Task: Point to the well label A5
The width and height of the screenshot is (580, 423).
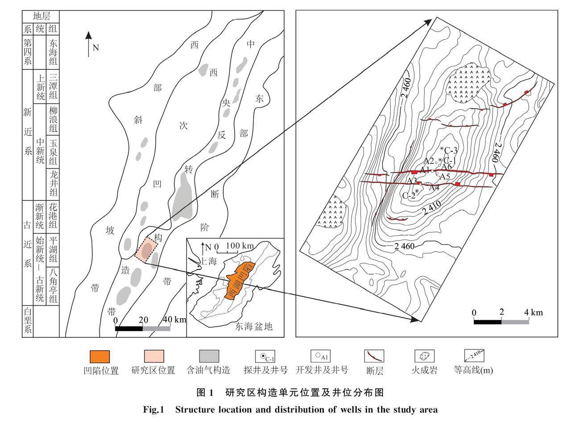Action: click(x=444, y=177)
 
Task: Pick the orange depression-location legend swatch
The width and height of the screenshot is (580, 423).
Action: click(x=99, y=357)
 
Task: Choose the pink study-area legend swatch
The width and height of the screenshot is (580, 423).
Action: click(x=153, y=357)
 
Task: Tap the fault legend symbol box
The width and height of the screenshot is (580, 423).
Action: click(x=374, y=356)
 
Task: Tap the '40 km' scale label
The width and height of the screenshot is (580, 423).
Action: click(x=174, y=319)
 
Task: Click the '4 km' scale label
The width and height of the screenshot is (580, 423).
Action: click(x=534, y=312)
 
